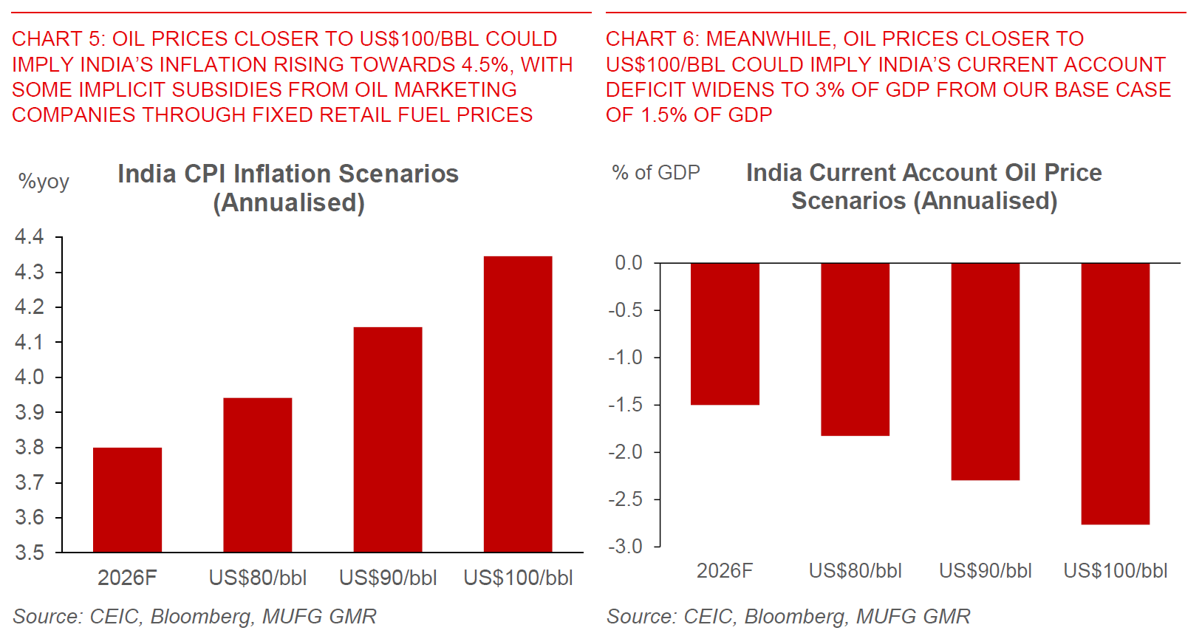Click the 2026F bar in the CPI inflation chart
pyautogui.click(x=127, y=499)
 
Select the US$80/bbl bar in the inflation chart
pyautogui.click(x=257, y=475)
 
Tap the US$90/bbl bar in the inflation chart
pyautogui.click(x=388, y=440)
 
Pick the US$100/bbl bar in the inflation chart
pyautogui.click(x=518, y=404)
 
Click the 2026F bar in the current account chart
pyautogui.click(x=725, y=334)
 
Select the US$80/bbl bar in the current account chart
pyautogui.click(x=855, y=349)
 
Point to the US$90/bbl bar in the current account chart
pyautogui.click(x=985, y=372)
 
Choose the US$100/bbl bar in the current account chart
pyautogui.click(x=1115, y=394)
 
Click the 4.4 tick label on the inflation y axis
pyautogui.click(x=30, y=237)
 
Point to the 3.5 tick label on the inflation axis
pyautogui.click(x=30, y=553)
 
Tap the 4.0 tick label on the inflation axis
pyautogui.click(x=30, y=377)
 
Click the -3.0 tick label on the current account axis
pyautogui.click(x=625, y=547)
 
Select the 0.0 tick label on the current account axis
pyautogui.click(x=629, y=263)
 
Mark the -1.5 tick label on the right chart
pyautogui.click(x=625, y=405)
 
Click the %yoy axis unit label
pyautogui.click(x=44, y=182)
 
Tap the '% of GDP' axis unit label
pyautogui.click(x=656, y=173)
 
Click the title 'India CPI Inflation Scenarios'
pyautogui.click(x=288, y=174)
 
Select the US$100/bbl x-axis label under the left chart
pyautogui.click(x=518, y=578)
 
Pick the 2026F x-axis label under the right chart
pyautogui.click(x=725, y=571)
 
